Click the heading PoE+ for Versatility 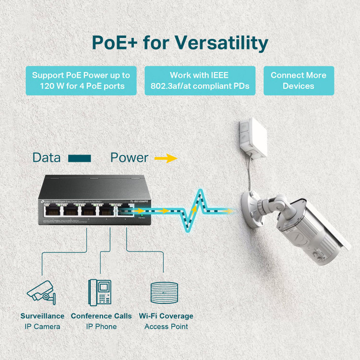coord(180,42)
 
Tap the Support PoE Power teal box coord(81,81)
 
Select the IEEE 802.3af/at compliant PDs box coord(200,81)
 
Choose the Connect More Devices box coord(298,80)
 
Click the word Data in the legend coord(46,158)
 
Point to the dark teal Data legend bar coord(80,158)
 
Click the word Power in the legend coord(129,158)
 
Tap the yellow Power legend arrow coord(165,158)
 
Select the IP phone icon coord(100,291)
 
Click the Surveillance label coord(42,316)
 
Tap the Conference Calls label coord(101,316)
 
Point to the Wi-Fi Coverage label coord(166,316)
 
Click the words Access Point coord(166,326)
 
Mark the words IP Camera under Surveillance coord(42,326)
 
